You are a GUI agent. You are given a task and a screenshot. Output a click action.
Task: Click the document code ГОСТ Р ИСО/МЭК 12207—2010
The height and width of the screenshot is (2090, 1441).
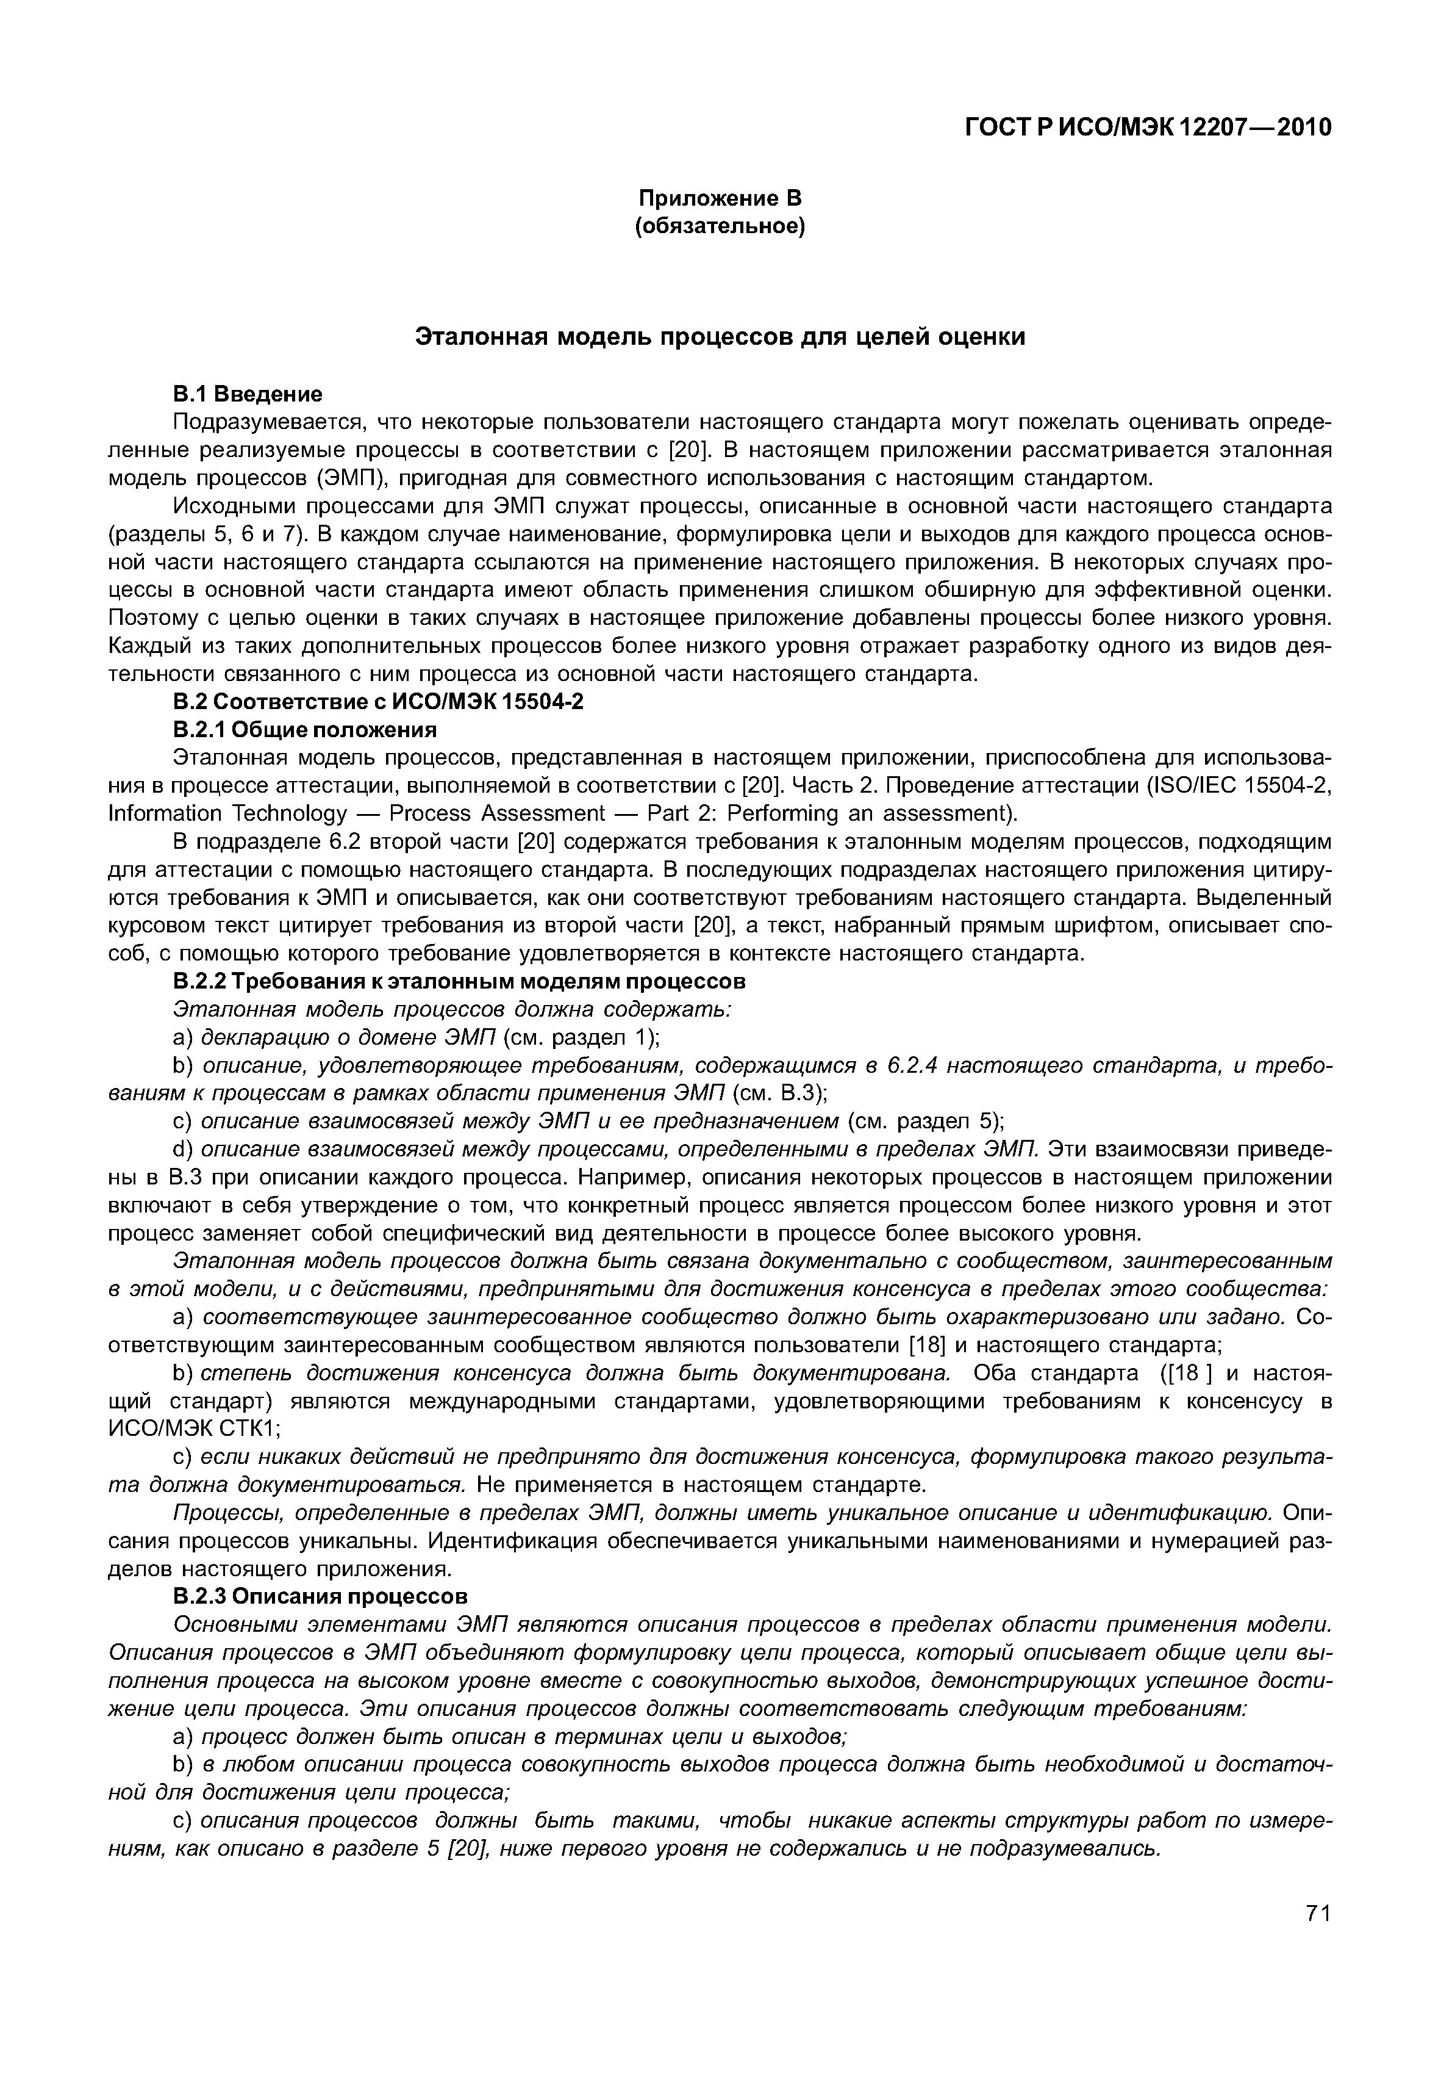pyautogui.click(x=1148, y=128)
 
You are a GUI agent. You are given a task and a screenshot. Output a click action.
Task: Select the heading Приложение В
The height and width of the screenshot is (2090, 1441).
pyautogui.click(x=720, y=198)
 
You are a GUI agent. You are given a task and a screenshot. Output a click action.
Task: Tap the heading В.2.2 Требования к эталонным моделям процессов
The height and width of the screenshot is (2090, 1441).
pyautogui.click(x=460, y=981)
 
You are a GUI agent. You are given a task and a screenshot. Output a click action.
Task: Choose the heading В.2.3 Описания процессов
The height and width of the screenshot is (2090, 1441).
pyautogui.click(x=321, y=1596)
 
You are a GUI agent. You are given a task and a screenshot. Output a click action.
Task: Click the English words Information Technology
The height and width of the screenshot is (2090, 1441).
pyautogui.click(x=226, y=814)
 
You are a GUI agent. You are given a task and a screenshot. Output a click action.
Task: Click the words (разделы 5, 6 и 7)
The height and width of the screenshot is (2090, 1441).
pyautogui.click(x=209, y=534)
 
